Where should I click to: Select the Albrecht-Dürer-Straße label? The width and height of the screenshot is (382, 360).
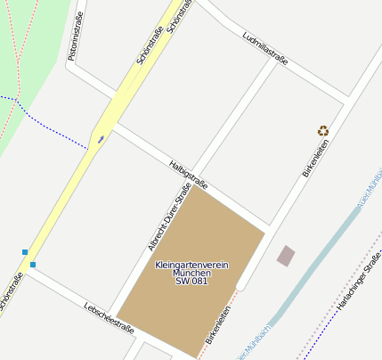(169, 217)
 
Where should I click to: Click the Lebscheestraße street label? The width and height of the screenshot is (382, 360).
(109, 316)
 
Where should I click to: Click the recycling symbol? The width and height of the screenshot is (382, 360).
(322, 131)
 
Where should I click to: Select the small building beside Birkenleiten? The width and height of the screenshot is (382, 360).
(286, 257)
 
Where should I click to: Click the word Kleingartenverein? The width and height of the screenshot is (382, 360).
(192, 265)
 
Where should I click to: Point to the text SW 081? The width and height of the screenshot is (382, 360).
(191, 282)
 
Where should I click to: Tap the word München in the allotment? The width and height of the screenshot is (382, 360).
(191, 273)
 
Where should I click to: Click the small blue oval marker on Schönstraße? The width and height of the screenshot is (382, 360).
(102, 138)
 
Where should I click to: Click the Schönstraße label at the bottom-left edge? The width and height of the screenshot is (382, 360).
(11, 294)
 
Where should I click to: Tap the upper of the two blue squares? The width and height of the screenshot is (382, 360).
(25, 252)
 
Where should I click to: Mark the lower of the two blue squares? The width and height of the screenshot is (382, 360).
(33, 265)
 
